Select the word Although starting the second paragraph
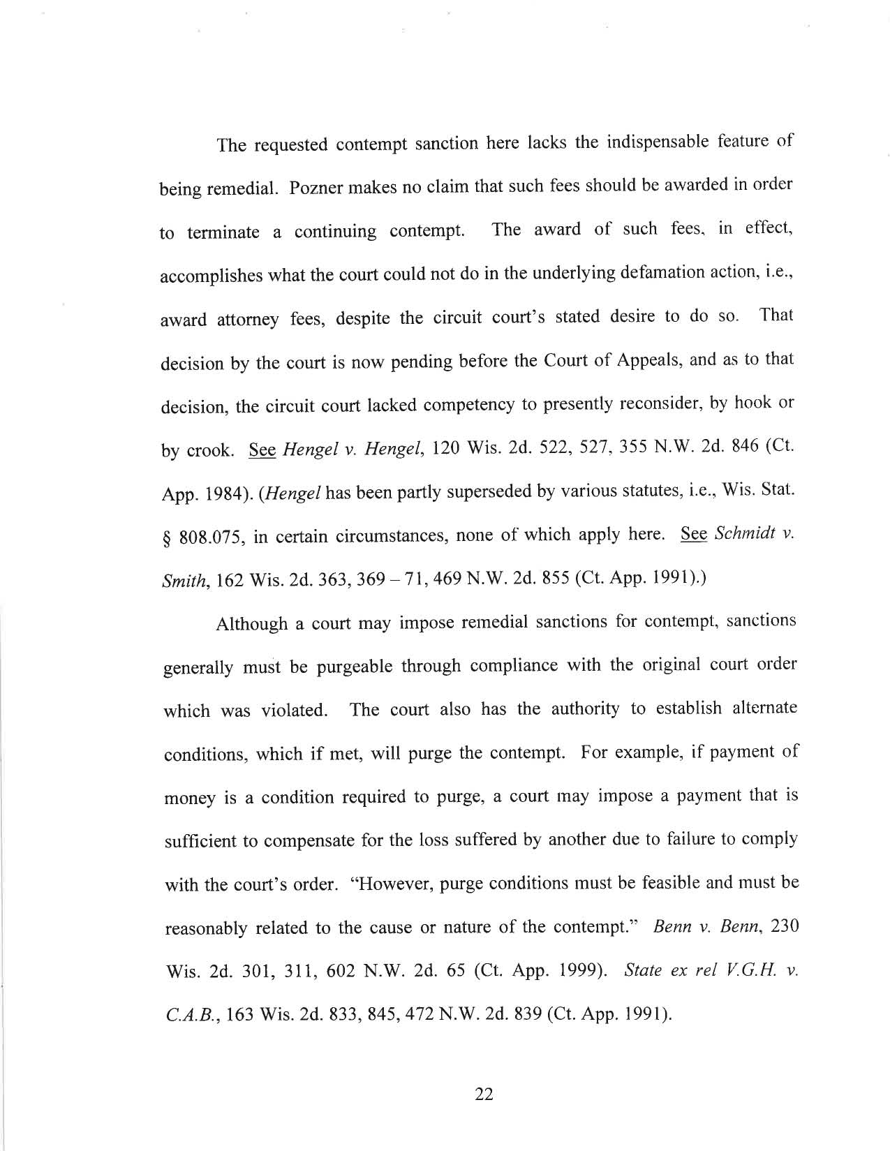click(x=252, y=623)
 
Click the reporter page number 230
click(x=780, y=926)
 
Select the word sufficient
click(x=200, y=841)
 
